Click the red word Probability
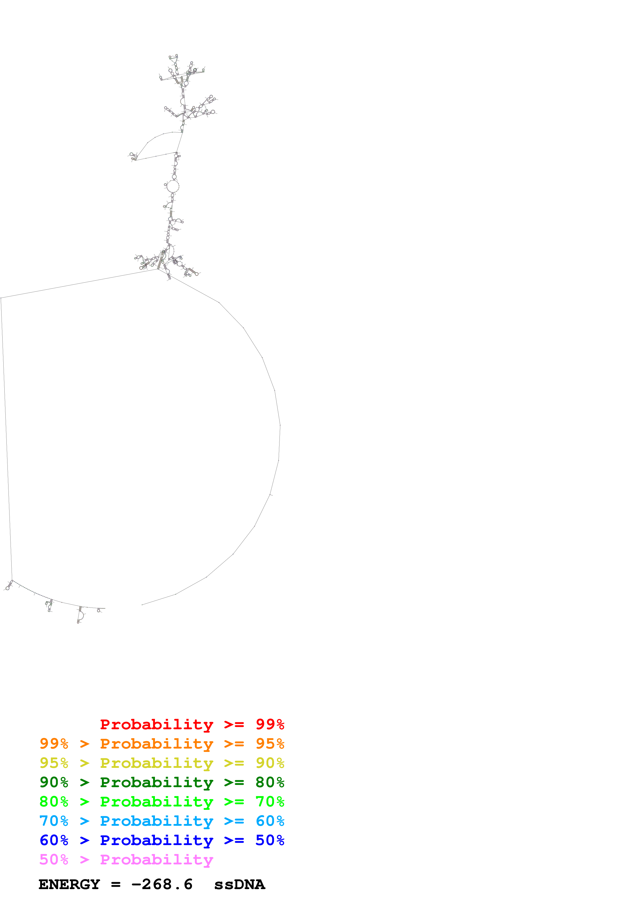[x=156, y=724]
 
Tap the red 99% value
[x=270, y=724]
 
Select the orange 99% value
[x=54, y=744]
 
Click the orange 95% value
[x=270, y=744]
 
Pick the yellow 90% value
[x=270, y=763]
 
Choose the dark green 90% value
[x=54, y=782]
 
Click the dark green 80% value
[x=270, y=782]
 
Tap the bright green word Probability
[x=156, y=802]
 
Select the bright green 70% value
[x=270, y=802]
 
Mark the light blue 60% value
[x=270, y=821]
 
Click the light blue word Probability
[x=156, y=821]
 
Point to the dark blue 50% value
[x=270, y=840]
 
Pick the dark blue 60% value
[x=54, y=840]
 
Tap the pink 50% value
[x=54, y=859]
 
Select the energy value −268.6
[x=162, y=884]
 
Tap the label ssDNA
[x=239, y=884]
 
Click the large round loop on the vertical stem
[x=173, y=186]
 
